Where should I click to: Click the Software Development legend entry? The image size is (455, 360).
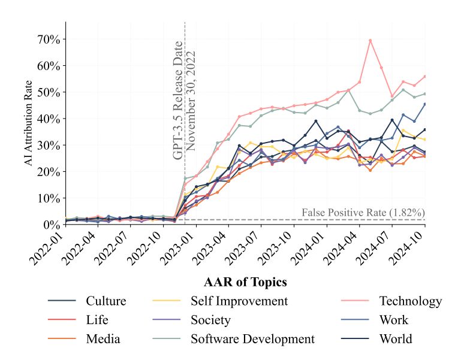click(x=252, y=339)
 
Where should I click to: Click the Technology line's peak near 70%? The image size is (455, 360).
click(x=370, y=40)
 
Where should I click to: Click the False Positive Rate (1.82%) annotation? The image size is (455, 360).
click(x=363, y=212)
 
